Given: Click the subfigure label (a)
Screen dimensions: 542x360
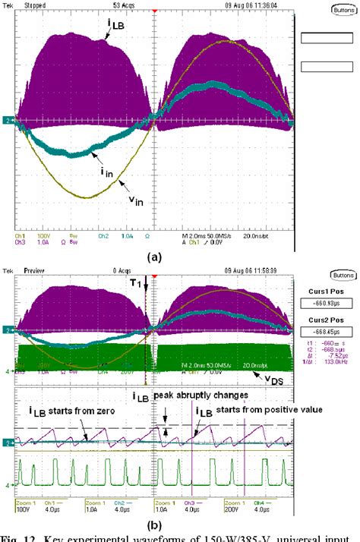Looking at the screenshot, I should coord(156,257).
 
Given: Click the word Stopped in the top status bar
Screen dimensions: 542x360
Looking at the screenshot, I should coord(34,4).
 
